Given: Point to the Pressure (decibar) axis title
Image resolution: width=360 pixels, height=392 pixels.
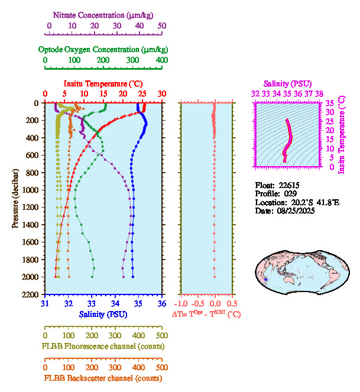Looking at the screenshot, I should pos(15,198).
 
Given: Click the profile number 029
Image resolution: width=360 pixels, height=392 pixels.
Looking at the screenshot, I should pos(289,194).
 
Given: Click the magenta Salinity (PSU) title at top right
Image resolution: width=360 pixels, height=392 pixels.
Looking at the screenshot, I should pos(287,85).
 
